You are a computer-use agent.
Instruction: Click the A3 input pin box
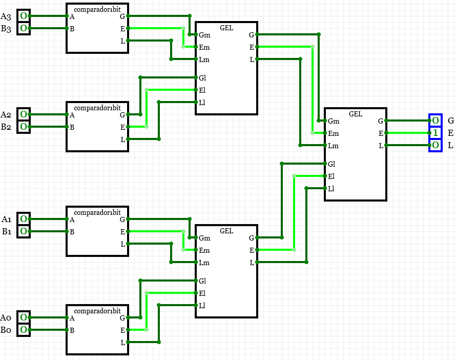point(24,16)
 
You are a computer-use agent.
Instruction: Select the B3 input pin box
point(24,28)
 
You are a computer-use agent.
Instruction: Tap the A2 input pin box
point(24,114)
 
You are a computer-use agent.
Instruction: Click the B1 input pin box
point(24,231)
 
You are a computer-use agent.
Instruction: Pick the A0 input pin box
point(24,317)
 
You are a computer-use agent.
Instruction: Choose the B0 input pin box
point(24,330)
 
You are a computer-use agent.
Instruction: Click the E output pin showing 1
point(435,133)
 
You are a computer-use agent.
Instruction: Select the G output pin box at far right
point(435,121)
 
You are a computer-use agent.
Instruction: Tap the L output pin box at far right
point(435,146)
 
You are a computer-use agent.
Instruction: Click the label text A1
point(7,219)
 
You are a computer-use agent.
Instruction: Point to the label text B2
point(6,127)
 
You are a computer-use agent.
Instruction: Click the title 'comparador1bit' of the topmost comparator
point(97,9)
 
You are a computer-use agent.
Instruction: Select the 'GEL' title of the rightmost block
point(355,114)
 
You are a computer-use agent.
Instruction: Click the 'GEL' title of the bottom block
point(226,231)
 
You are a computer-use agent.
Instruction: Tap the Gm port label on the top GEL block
point(204,35)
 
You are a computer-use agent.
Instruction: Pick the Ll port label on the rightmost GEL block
point(331,189)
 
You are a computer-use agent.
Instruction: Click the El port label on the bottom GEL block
point(202,293)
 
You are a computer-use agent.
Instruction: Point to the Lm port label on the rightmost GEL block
point(334,146)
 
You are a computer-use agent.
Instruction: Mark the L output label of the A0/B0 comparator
point(122,342)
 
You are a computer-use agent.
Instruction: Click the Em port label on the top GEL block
point(204,48)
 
